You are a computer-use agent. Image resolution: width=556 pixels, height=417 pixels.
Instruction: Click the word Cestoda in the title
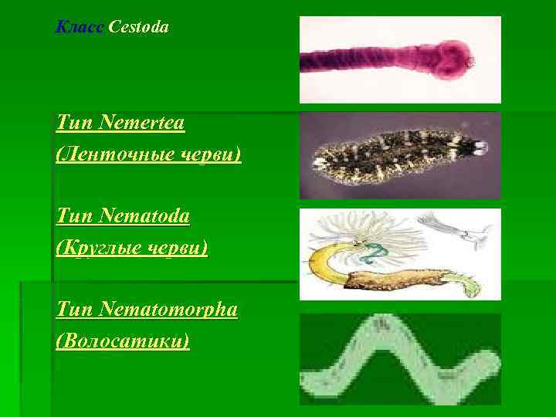click(139, 28)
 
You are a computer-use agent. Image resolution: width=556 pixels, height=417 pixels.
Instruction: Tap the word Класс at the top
click(80, 28)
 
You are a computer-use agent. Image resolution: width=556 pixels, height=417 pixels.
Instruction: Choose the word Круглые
click(101, 249)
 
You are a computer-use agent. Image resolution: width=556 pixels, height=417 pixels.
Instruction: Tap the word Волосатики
click(123, 341)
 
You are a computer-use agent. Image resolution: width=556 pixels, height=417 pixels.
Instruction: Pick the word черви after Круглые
click(178, 249)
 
